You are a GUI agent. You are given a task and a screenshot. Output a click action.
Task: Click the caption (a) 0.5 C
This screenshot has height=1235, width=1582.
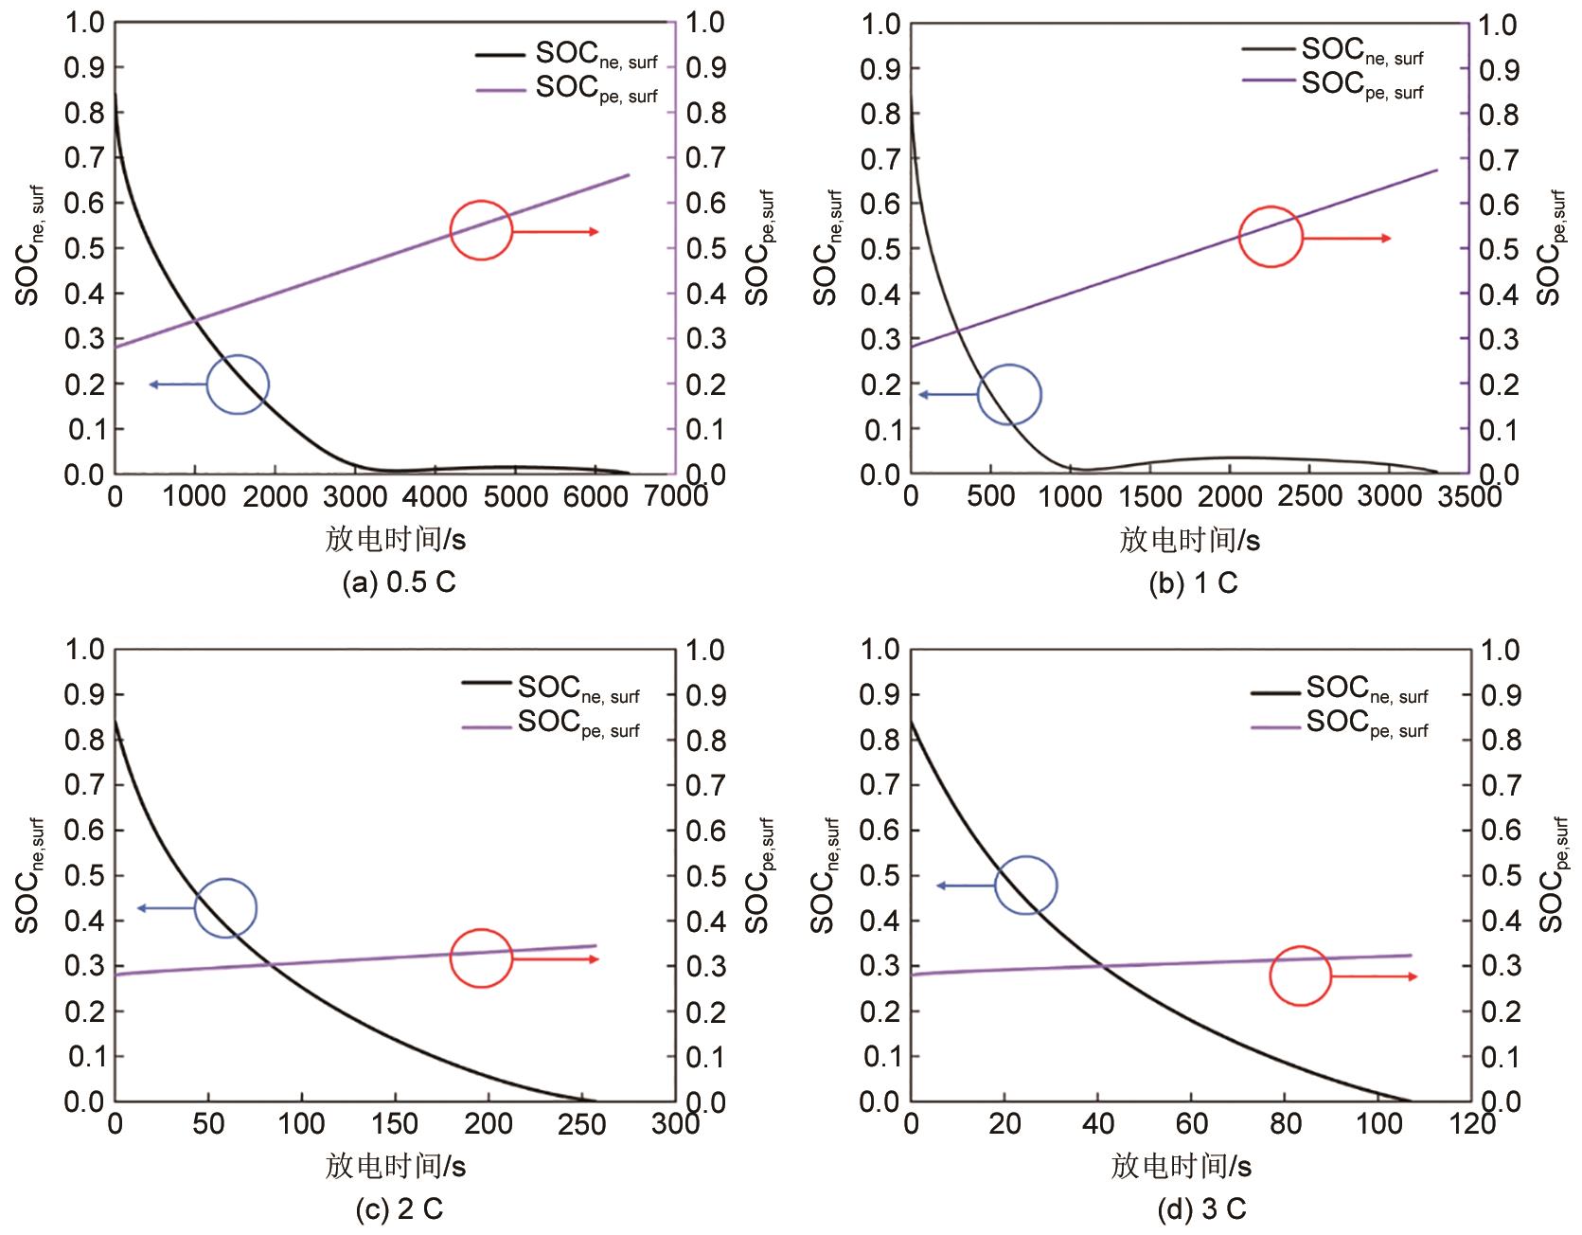point(399,582)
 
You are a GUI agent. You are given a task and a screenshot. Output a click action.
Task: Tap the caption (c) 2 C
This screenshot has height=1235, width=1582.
point(399,1209)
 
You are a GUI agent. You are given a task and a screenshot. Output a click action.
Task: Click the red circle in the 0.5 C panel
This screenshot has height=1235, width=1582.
point(481,230)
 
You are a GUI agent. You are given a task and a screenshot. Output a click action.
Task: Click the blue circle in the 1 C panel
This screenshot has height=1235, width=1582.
point(1009,395)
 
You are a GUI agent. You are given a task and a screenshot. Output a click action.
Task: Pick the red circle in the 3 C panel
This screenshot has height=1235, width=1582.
point(1300,975)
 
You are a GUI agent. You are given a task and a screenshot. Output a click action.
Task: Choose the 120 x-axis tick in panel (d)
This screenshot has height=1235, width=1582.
point(1468,1124)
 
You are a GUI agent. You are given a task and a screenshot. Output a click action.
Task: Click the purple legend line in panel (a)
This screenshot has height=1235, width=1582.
point(501,90)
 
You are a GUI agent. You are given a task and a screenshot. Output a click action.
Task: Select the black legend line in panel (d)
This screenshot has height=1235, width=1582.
point(1276,692)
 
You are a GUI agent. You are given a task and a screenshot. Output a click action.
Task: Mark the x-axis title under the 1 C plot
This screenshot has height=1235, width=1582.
point(1190,540)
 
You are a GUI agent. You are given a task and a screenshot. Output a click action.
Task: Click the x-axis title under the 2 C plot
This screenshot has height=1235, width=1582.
point(396,1166)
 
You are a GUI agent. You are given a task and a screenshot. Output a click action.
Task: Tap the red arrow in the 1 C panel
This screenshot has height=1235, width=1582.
point(1347,238)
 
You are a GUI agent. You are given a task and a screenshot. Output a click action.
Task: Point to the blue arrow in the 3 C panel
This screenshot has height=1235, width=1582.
point(966,886)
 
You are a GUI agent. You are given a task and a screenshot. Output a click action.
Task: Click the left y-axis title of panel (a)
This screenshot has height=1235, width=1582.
point(29,248)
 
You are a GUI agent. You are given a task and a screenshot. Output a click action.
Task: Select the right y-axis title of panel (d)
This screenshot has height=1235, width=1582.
point(1548,875)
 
